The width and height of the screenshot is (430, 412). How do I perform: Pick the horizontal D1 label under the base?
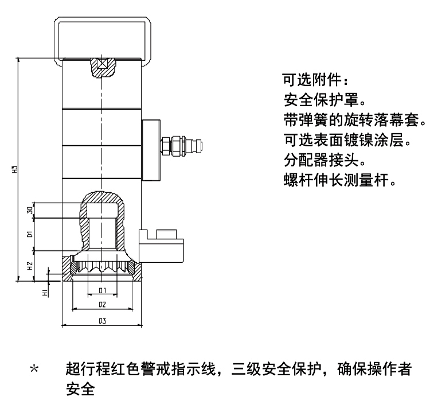click(x=101, y=291)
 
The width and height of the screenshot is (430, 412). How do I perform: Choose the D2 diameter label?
click(x=101, y=304)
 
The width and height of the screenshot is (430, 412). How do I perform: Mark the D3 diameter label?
click(x=101, y=321)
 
